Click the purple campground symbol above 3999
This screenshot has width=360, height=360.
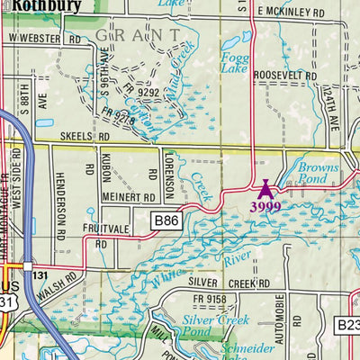pos(265,189)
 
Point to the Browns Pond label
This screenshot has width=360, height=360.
pos(319,174)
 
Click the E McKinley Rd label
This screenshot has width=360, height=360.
pos(290,13)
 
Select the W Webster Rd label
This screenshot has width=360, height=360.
pos(44,40)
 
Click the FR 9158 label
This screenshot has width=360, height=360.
pos(206,299)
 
